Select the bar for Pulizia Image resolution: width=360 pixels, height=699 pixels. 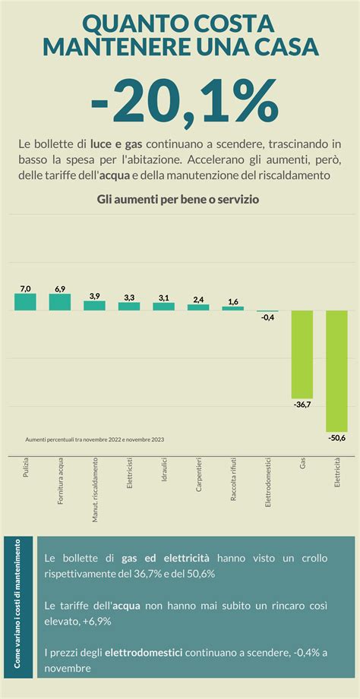coord(25,302)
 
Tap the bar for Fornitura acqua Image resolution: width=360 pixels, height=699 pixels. coord(60,302)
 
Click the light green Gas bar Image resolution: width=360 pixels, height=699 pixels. coord(302,354)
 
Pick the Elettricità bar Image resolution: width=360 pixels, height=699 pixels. coord(336,371)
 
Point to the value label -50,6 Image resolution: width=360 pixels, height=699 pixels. coord(336,438)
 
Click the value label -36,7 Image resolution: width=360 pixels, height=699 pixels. coord(302,405)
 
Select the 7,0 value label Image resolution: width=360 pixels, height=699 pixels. coord(25,288)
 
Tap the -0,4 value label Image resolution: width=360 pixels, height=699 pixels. coord(267,317)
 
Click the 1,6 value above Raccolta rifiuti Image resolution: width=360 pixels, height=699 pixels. coord(233,301)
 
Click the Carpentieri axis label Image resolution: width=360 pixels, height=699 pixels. coord(199,475)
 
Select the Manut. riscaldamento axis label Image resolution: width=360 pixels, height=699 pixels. coord(95,490)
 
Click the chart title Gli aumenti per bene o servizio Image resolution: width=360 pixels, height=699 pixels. coord(179,200)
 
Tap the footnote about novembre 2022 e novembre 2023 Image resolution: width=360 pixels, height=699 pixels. coord(95,439)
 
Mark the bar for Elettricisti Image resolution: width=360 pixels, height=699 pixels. coord(129,306)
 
